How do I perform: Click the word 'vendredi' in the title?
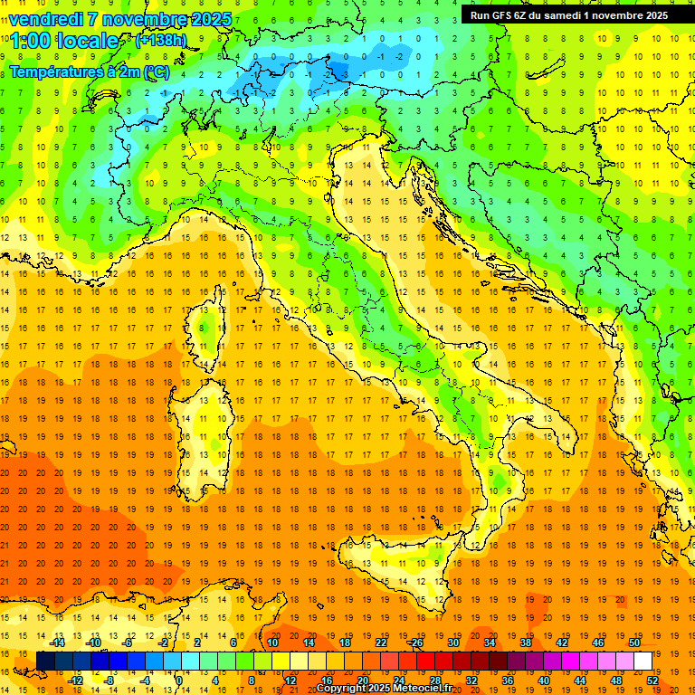pos(45,19)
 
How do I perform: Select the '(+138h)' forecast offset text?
pos(160,40)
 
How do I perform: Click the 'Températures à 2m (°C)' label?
pos(88,71)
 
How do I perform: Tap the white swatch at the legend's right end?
pos(643,661)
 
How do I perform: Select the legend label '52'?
pos(652,681)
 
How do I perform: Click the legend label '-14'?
pos(57,642)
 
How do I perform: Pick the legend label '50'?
pos(633,642)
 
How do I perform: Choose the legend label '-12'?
pos(75,681)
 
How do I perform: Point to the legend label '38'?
pos(525,642)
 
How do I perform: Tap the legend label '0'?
pos(178,681)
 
